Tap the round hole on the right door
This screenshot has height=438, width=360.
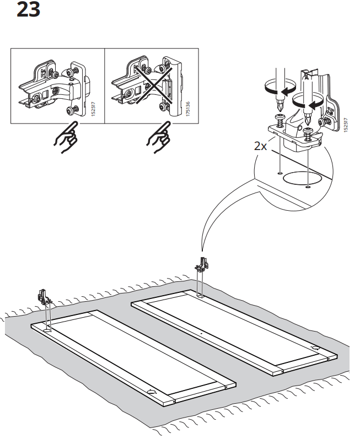click(314, 349)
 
